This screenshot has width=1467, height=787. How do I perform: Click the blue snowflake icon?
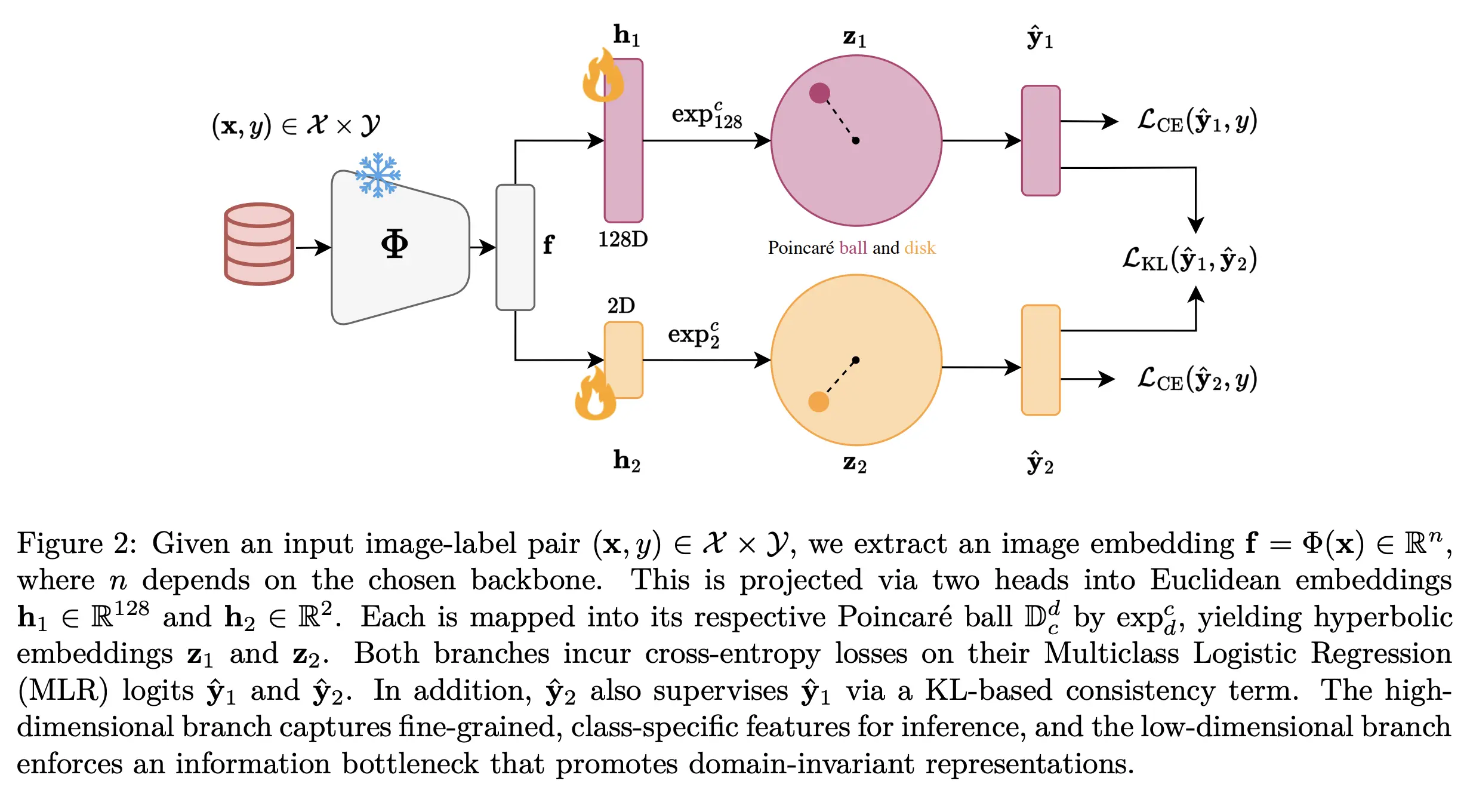point(378,175)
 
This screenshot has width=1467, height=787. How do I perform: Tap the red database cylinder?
point(259,244)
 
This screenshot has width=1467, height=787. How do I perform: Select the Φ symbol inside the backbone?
point(395,244)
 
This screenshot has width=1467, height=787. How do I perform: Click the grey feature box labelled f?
point(515,247)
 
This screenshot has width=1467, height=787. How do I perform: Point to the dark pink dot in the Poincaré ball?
point(819,93)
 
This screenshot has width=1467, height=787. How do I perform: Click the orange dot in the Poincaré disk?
point(818,402)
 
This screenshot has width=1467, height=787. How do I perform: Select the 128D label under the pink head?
point(622,239)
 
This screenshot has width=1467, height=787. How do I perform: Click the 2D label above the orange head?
point(621,306)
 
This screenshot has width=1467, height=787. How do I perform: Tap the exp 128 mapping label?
point(707,116)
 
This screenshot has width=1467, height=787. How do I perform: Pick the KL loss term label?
point(1189,260)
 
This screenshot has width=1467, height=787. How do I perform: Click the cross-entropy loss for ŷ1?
point(1197,121)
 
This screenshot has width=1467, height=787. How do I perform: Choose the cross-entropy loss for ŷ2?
point(1197,379)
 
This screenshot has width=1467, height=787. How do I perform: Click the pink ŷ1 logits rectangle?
point(1040,141)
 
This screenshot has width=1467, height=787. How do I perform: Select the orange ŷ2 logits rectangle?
point(1040,360)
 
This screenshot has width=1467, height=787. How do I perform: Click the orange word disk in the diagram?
point(920,248)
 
